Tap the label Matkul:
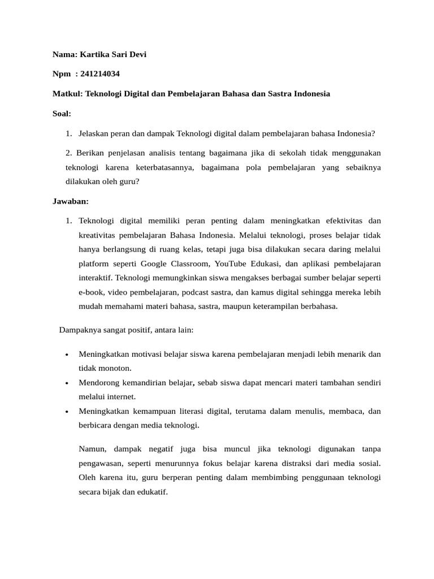pos(67,94)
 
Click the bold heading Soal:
pos(62,114)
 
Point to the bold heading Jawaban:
pos(71,201)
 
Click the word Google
pos(154,263)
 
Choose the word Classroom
pos(190,263)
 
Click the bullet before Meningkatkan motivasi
pos(67,355)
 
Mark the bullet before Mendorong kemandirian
pos(67,383)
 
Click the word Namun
pos(92,449)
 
